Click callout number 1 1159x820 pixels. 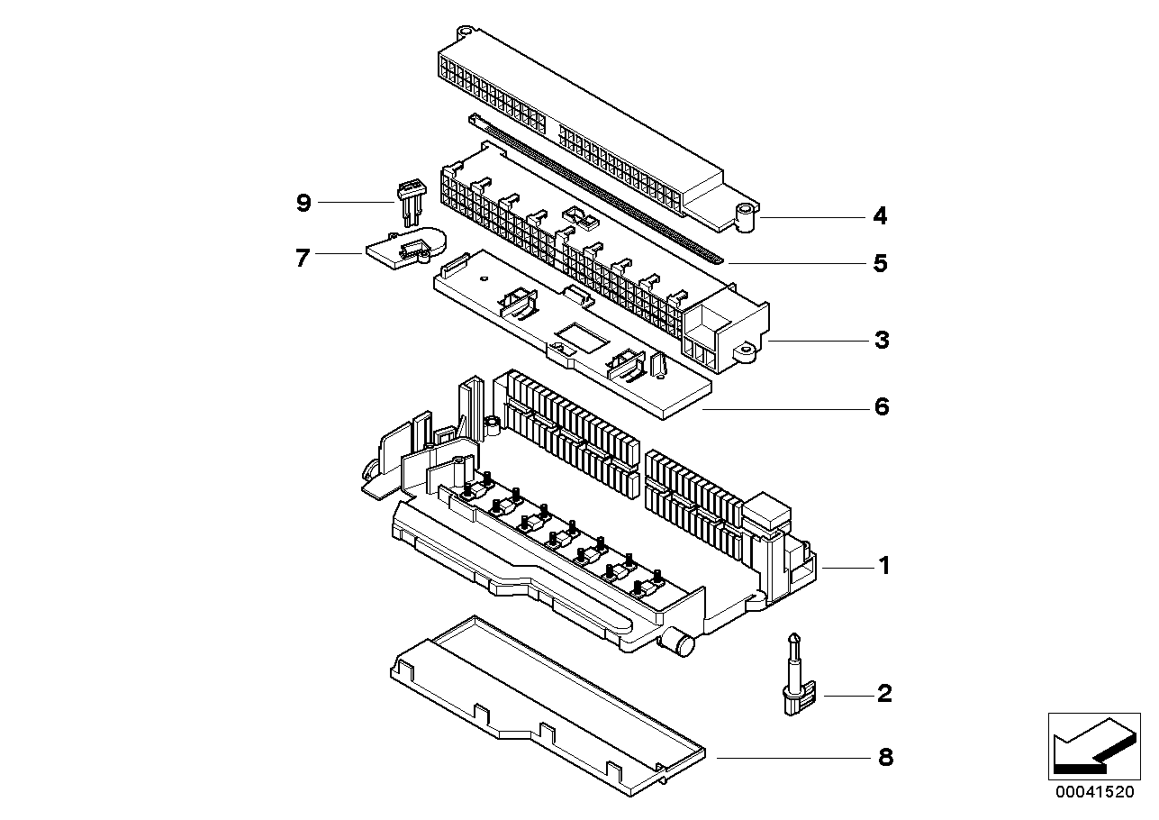click(883, 566)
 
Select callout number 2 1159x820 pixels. click(883, 694)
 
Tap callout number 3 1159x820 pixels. click(882, 341)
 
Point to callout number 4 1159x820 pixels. click(880, 216)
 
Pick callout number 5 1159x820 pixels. click(880, 263)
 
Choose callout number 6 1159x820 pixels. click(881, 407)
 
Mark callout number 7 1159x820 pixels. click(303, 258)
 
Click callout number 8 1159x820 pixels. click(885, 758)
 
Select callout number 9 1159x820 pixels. click(303, 204)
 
